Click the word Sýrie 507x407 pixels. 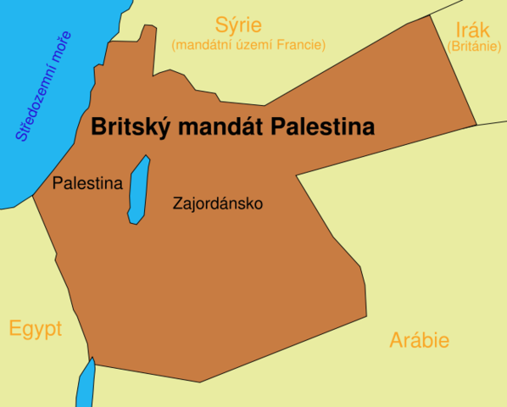238,24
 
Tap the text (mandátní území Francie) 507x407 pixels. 248,44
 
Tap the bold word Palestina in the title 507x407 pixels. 323,128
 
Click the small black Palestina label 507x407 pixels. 87,183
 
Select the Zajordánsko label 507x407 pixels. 218,204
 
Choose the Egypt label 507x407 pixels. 36,329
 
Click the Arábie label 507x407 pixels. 419,341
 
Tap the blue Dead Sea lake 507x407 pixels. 138,191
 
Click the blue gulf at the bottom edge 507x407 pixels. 86,386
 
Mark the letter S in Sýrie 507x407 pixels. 221,24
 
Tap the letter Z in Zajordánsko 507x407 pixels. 176,204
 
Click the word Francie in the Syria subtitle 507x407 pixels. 302,44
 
